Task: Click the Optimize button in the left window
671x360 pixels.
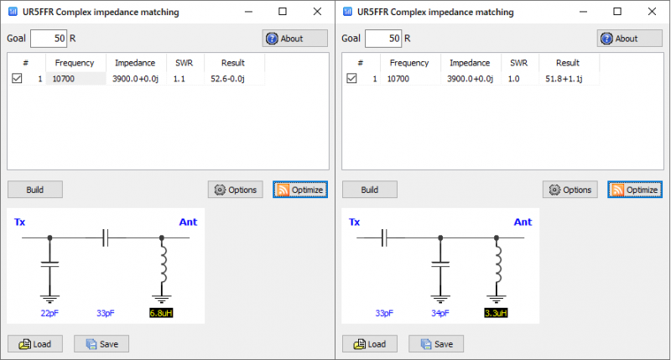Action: [300, 190]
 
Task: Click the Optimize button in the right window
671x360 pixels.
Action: [635, 190]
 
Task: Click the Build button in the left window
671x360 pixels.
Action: [35, 190]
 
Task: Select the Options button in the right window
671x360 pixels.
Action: [570, 190]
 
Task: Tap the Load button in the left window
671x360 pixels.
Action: [35, 344]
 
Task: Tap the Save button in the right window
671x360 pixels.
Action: [436, 344]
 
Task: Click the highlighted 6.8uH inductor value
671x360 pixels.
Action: [161, 313]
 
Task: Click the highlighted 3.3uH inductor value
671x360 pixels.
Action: [496, 313]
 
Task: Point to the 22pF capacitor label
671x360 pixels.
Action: [49, 313]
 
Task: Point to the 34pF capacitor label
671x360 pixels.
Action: [440, 313]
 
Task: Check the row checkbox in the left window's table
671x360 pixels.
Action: [18, 78]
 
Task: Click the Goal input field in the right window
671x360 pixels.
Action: [384, 39]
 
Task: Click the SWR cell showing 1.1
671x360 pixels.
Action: [179, 78]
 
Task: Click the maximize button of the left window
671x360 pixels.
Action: [283, 11]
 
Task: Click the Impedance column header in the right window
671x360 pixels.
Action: [470, 63]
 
